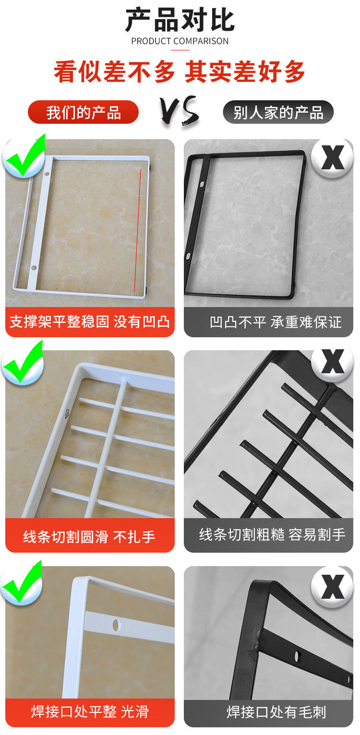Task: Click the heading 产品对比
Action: pyautogui.click(x=180, y=20)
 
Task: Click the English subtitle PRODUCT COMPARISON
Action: pyautogui.click(x=180, y=41)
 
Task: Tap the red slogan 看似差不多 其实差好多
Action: pyautogui.click(x=180, y=72)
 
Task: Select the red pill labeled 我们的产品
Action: pyautogui.click(x=83, y=113)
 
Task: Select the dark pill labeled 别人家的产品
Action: pyautogui.click(x=278, y=113)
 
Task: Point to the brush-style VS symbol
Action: pyautogui.click(x=180, y=111)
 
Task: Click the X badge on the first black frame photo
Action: pyautogui.click(x=332, y=157)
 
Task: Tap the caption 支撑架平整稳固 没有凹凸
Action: pyautogui.click(x=90, y=321)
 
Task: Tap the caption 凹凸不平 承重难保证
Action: pyautogui.click(x=276, y=322)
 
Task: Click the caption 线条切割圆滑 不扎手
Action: pyautogui.click(x=90, y=536)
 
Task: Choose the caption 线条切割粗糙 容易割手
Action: pyautogui.click(x=272, y=534)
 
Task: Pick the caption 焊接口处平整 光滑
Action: pyautogui.click(x=90, y=711)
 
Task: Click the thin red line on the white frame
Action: pyautogui.click(x=138, y=230)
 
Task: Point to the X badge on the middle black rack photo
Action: pyautogui.click(x=332, y=362)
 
